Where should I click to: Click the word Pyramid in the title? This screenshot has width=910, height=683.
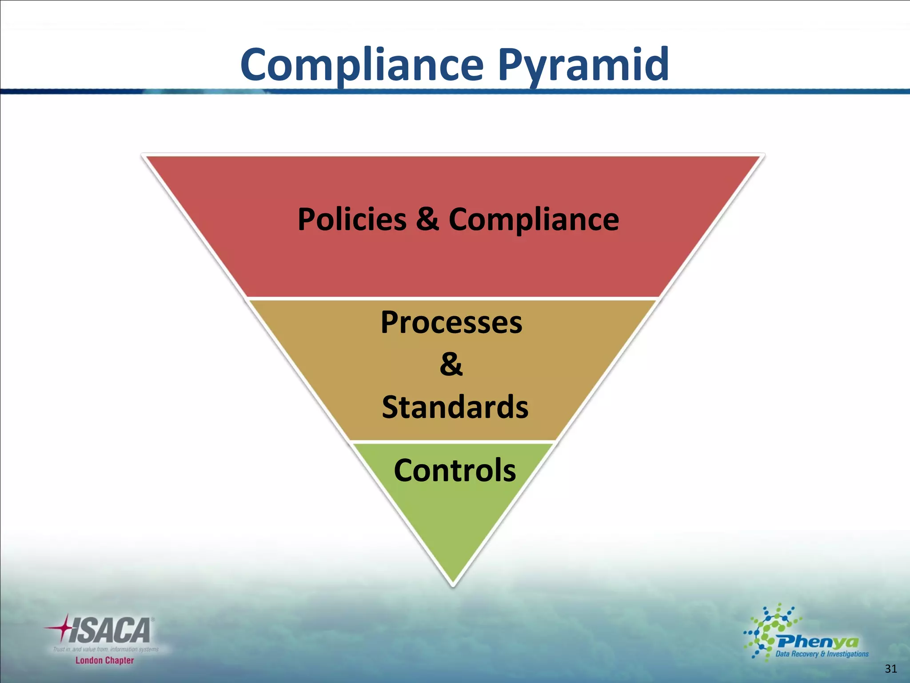tap(583, 65)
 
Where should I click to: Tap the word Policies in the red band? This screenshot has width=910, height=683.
tap(352, 220)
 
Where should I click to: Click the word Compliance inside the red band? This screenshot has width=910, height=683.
tap(533, 220)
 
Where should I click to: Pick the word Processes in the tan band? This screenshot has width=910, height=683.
tap(451, 322)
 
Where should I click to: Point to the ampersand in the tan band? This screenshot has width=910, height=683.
tap(451, 365)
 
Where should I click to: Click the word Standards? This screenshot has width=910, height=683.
tap(455, 407)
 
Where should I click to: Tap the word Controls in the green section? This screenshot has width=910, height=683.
tap(455, 470)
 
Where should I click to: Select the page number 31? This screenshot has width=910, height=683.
tap(890, 668)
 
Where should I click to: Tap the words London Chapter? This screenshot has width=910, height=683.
tap(104, 660)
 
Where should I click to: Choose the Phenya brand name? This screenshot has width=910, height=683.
tap(818, 642)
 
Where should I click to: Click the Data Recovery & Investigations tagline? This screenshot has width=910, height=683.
tap(822, 654)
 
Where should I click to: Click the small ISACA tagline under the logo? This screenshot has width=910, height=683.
tap(106, 650)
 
